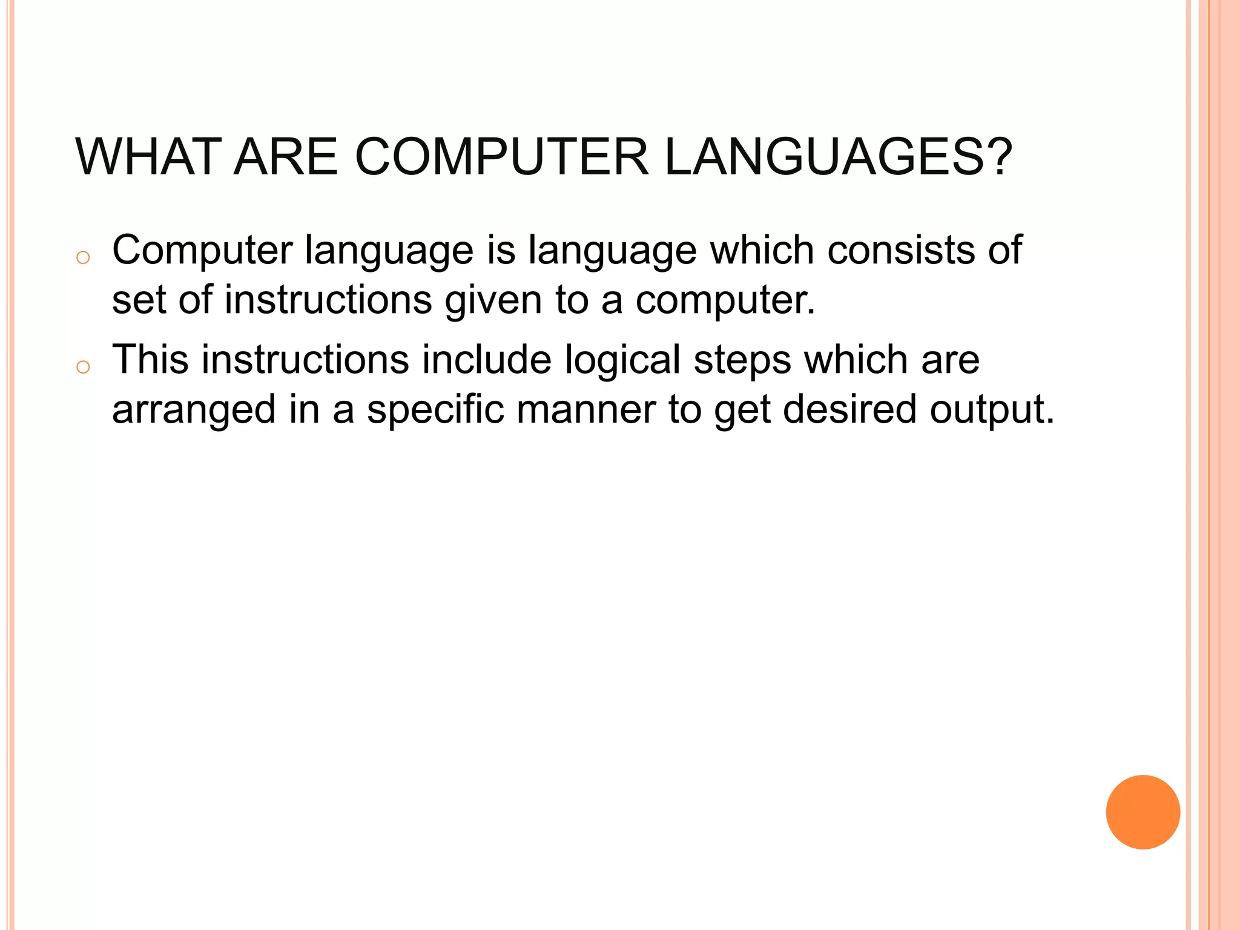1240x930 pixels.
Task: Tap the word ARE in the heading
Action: [285, 157]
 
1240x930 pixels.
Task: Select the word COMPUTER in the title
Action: [501, 157]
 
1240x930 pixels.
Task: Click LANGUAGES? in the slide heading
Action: [839, 157]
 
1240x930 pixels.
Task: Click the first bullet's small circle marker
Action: [84, 258]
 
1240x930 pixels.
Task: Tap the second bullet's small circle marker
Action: [84, 367]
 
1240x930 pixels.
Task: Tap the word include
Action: [487, 360]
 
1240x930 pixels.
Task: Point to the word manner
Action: [586, 410]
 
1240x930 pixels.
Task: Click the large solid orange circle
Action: [1143, 812]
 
